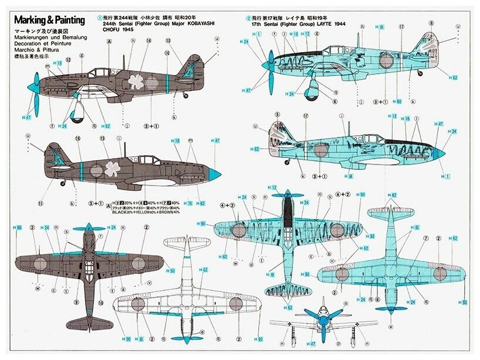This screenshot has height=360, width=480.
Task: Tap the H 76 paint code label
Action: coord(188,204)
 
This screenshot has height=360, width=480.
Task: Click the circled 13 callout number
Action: coord(168,41)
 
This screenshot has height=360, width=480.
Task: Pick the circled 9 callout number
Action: coord(76,302)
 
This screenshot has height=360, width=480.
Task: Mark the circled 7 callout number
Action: coord(426,239)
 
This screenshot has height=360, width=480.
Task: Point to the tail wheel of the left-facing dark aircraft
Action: coord(186,95)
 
